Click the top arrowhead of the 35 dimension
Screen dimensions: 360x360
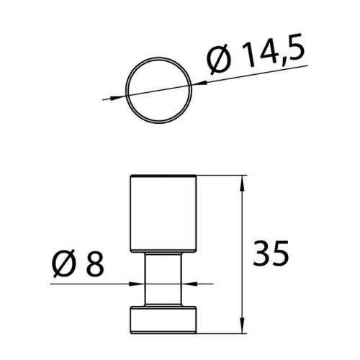pyautogui.click(x=240, y=181)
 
